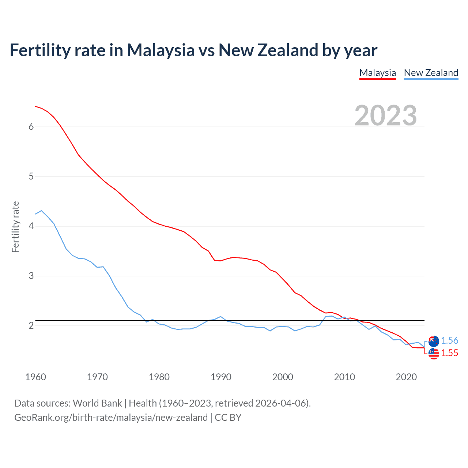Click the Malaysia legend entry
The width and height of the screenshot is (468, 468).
point(378,73)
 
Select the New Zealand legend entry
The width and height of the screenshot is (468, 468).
point(431,73)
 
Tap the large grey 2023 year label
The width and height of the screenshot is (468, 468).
point(385,116)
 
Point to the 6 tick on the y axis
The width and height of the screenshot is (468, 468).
point(31,127)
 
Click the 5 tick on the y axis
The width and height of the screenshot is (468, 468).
point(31,177)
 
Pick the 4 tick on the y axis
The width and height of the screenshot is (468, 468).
point(31,226)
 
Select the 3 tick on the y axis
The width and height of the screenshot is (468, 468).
point(31,276)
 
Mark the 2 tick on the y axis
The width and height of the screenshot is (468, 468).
point(31,325)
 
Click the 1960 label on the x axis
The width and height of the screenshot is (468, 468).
point(35,377)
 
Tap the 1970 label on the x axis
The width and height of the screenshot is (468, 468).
point(97,377)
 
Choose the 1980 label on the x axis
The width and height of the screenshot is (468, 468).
point(159,377)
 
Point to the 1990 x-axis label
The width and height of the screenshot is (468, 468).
point(221,377)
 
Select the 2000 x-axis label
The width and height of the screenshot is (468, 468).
point(283,377)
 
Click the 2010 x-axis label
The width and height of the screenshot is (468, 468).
point(344,377)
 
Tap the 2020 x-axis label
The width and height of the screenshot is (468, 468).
point(406,377)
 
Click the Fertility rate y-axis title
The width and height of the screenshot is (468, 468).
point(15,227)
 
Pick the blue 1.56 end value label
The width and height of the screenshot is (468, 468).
point(449,341)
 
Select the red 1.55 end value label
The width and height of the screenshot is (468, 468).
point(449,353)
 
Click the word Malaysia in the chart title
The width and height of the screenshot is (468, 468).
point(161,50)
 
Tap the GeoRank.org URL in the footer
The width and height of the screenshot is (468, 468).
point(111,418)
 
